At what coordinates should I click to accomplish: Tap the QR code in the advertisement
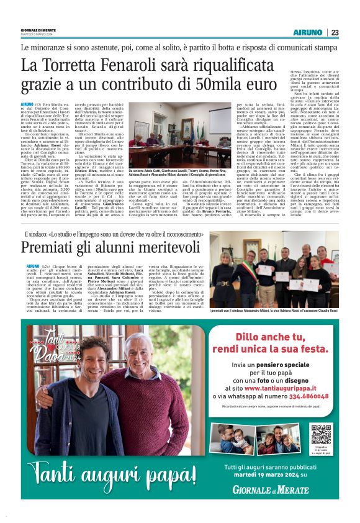point(320,434)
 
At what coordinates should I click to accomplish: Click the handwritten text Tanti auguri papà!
point(104,473)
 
